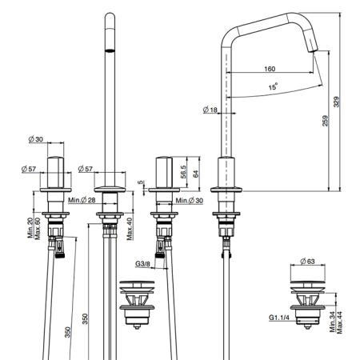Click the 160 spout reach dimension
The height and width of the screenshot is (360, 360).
point(270,69)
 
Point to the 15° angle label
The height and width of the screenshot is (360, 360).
point(273,86)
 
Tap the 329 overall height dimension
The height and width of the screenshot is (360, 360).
point(336,102)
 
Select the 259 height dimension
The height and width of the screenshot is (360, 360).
point(325,121)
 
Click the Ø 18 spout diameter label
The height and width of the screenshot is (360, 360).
point(210,110)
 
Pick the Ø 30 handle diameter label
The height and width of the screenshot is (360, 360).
point(35,139)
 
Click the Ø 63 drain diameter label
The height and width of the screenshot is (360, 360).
point(307,262)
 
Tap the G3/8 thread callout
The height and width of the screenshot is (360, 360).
point(142,264)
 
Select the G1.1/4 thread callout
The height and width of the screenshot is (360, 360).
point(279,318)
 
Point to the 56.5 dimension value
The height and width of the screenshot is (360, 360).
point(183,172)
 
